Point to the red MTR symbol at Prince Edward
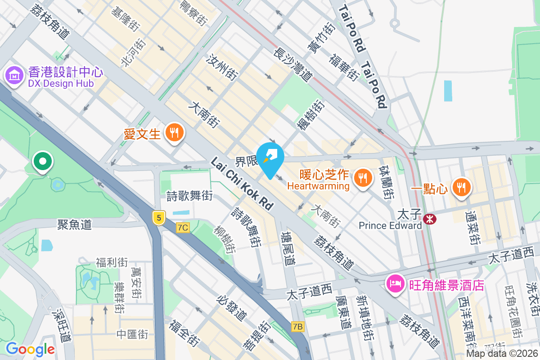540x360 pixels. pos(430,219)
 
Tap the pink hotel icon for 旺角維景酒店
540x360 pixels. pos(395,284)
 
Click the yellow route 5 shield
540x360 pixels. pos(158,218)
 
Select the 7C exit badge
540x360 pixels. pos(183,228)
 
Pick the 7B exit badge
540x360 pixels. pos(297,327)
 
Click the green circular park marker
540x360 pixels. pos(43,161)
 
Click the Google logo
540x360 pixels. pos(30,349)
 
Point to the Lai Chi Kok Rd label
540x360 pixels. pos(242,183)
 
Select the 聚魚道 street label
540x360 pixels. pos(74,224)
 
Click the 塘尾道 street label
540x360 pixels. pos(287,248)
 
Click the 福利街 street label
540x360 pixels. pos(112,262)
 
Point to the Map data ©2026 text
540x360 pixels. pos(502,353)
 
